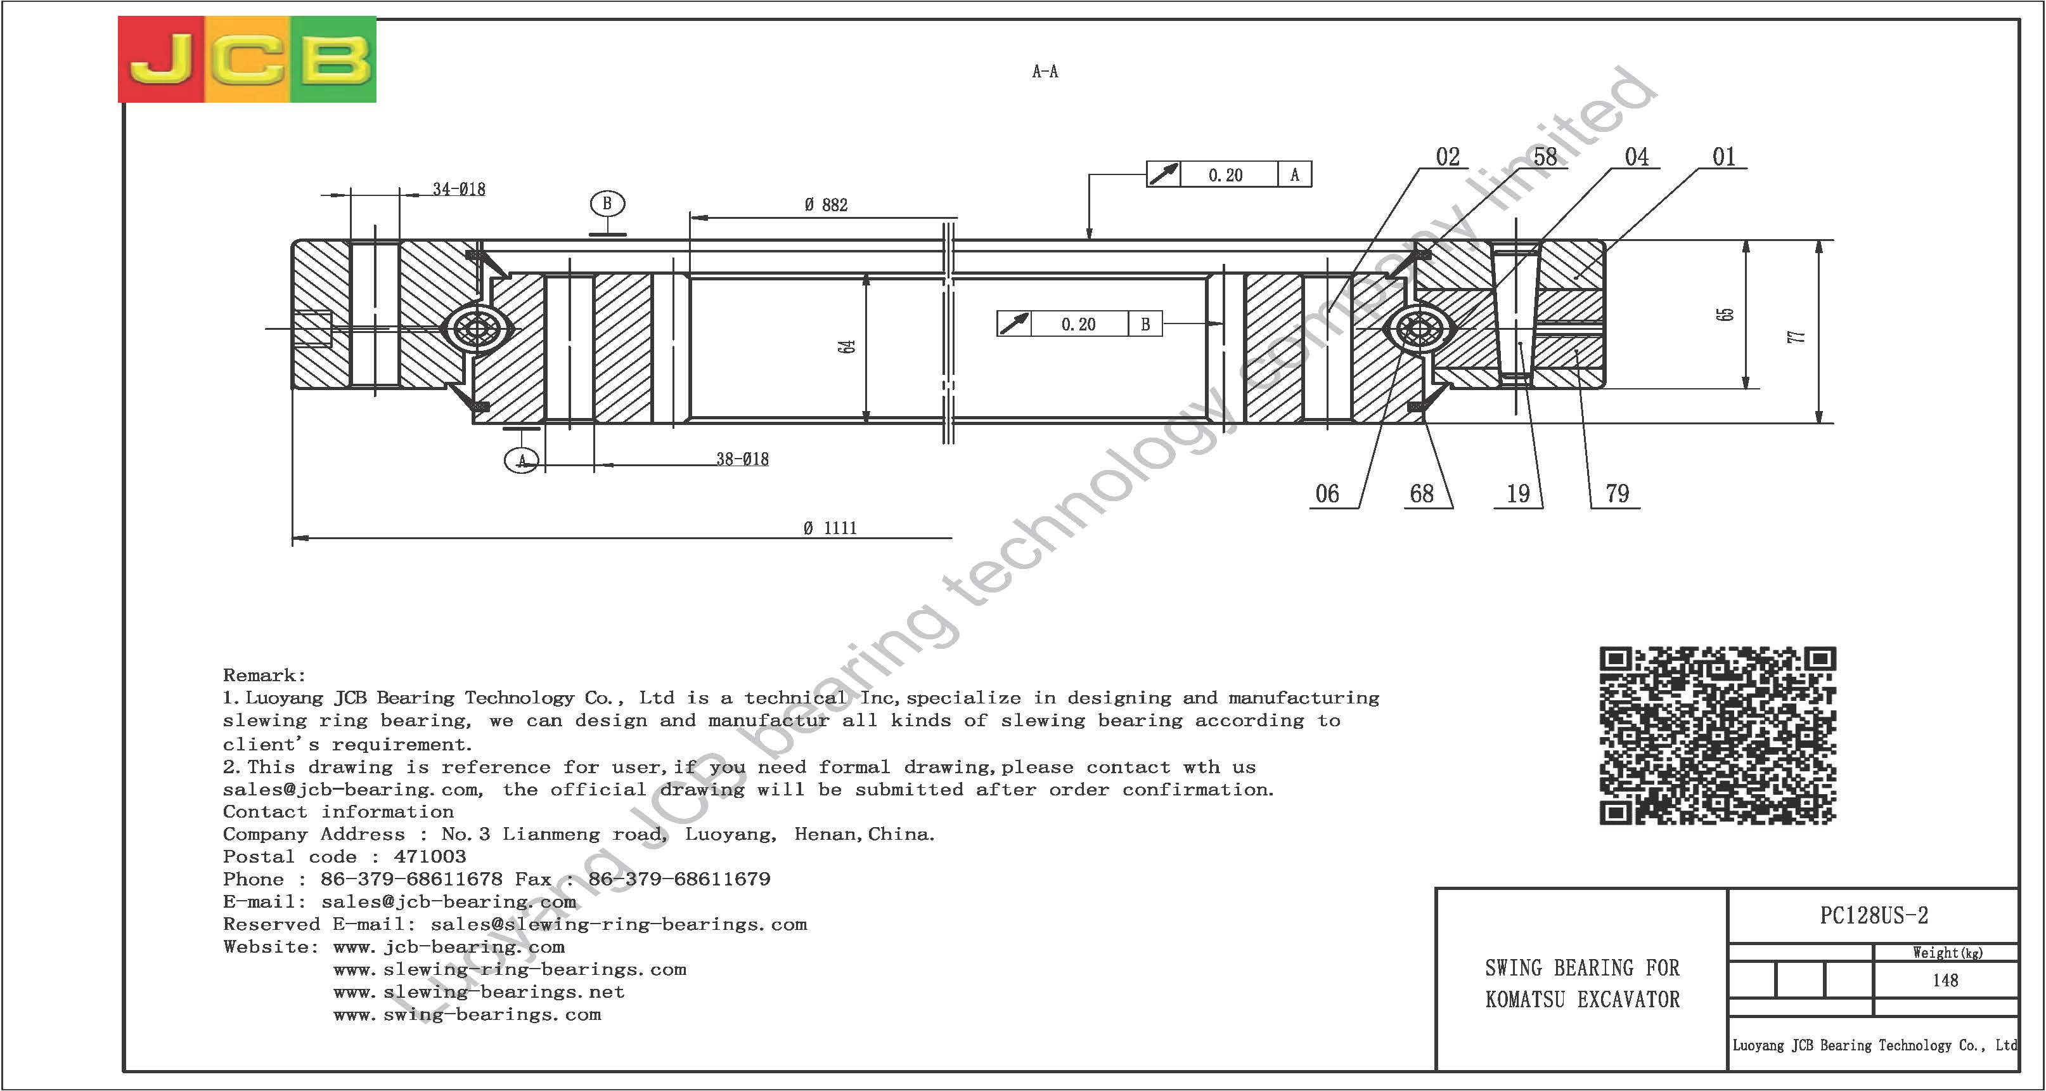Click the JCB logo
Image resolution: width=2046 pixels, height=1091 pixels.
(247, 59)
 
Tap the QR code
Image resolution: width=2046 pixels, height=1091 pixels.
(1717, 735)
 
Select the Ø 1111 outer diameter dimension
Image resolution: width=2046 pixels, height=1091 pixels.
(830, 528)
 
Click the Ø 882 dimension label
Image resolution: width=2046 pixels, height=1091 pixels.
(826, 205)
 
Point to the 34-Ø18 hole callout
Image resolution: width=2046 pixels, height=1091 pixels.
(459, 189)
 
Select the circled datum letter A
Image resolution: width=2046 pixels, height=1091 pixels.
(522, 460)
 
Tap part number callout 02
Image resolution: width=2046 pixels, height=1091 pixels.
(1448, 157)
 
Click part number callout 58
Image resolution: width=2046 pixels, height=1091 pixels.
(1545, 157)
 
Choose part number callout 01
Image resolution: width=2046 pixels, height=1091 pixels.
(1723, 157)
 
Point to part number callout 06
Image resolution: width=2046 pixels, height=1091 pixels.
(1327, 494)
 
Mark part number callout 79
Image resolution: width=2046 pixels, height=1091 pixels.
(1617, 494)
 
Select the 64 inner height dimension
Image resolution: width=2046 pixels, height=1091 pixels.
(847, 346)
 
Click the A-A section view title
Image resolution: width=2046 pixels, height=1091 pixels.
(1045, 72)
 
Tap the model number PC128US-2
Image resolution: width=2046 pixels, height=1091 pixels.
(1874, 916)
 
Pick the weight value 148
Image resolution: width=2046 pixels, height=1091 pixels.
(1945, 981)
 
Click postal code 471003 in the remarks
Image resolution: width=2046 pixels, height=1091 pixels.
(430, 856)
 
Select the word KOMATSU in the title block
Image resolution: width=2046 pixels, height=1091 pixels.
(1525, 1000)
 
